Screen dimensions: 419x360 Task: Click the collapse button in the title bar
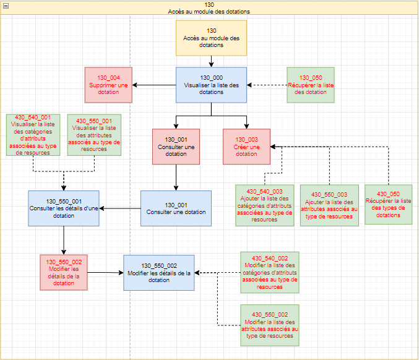coord(6,6)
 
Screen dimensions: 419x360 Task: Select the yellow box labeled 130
coord(211,38)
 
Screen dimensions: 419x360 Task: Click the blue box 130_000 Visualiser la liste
coord(211,85)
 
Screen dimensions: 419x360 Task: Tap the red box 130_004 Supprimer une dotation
coord(108,85)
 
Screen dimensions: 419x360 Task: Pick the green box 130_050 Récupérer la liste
coord(311,85)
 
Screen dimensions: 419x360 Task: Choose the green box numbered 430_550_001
coord(94,135)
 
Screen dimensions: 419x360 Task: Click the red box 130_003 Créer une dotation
coord(246,147)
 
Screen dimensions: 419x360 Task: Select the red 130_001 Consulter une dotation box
coord(176,147)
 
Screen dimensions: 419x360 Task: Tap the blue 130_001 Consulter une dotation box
coord(176,208)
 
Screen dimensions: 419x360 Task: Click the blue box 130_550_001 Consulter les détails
coord(64,208)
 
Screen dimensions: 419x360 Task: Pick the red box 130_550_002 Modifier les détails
coord(64,272)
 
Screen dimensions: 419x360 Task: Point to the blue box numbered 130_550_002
coord(158,273)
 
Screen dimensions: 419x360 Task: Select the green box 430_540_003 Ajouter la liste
coord(264,205)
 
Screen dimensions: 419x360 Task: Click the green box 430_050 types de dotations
coord(388,204)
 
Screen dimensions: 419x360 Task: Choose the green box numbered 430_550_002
coord(270,325)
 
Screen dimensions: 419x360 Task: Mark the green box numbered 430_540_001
coord(33,135)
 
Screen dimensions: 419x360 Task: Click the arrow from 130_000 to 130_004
coord(154,85)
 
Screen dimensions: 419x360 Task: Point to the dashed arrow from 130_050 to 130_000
coord(267,85)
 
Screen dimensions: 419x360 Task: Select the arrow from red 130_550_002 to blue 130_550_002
coord(105,272)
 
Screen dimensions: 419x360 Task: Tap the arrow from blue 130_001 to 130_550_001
coord(120,208)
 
